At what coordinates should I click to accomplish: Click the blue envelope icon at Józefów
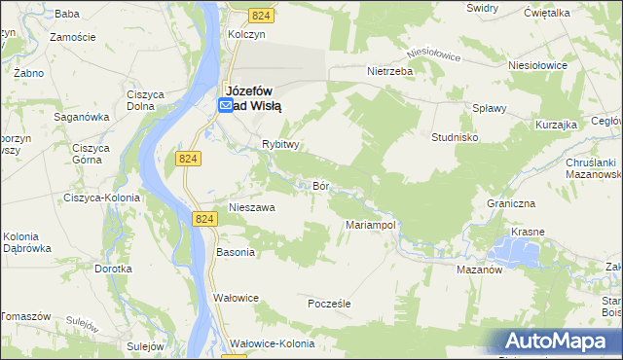point(225,104)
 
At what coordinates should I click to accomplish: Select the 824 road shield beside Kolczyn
point(261,16)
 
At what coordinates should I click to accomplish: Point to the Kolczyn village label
point(246,33)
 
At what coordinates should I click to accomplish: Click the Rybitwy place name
point(279,144)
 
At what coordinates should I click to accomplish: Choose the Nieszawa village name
point(251,207)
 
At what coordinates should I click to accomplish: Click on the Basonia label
point(235,252)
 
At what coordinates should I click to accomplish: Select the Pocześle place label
point(328,304)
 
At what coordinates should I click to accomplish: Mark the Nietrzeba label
point(390,71)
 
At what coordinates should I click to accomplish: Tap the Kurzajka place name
point(557,125)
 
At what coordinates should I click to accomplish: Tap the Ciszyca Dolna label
point(144,101)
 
